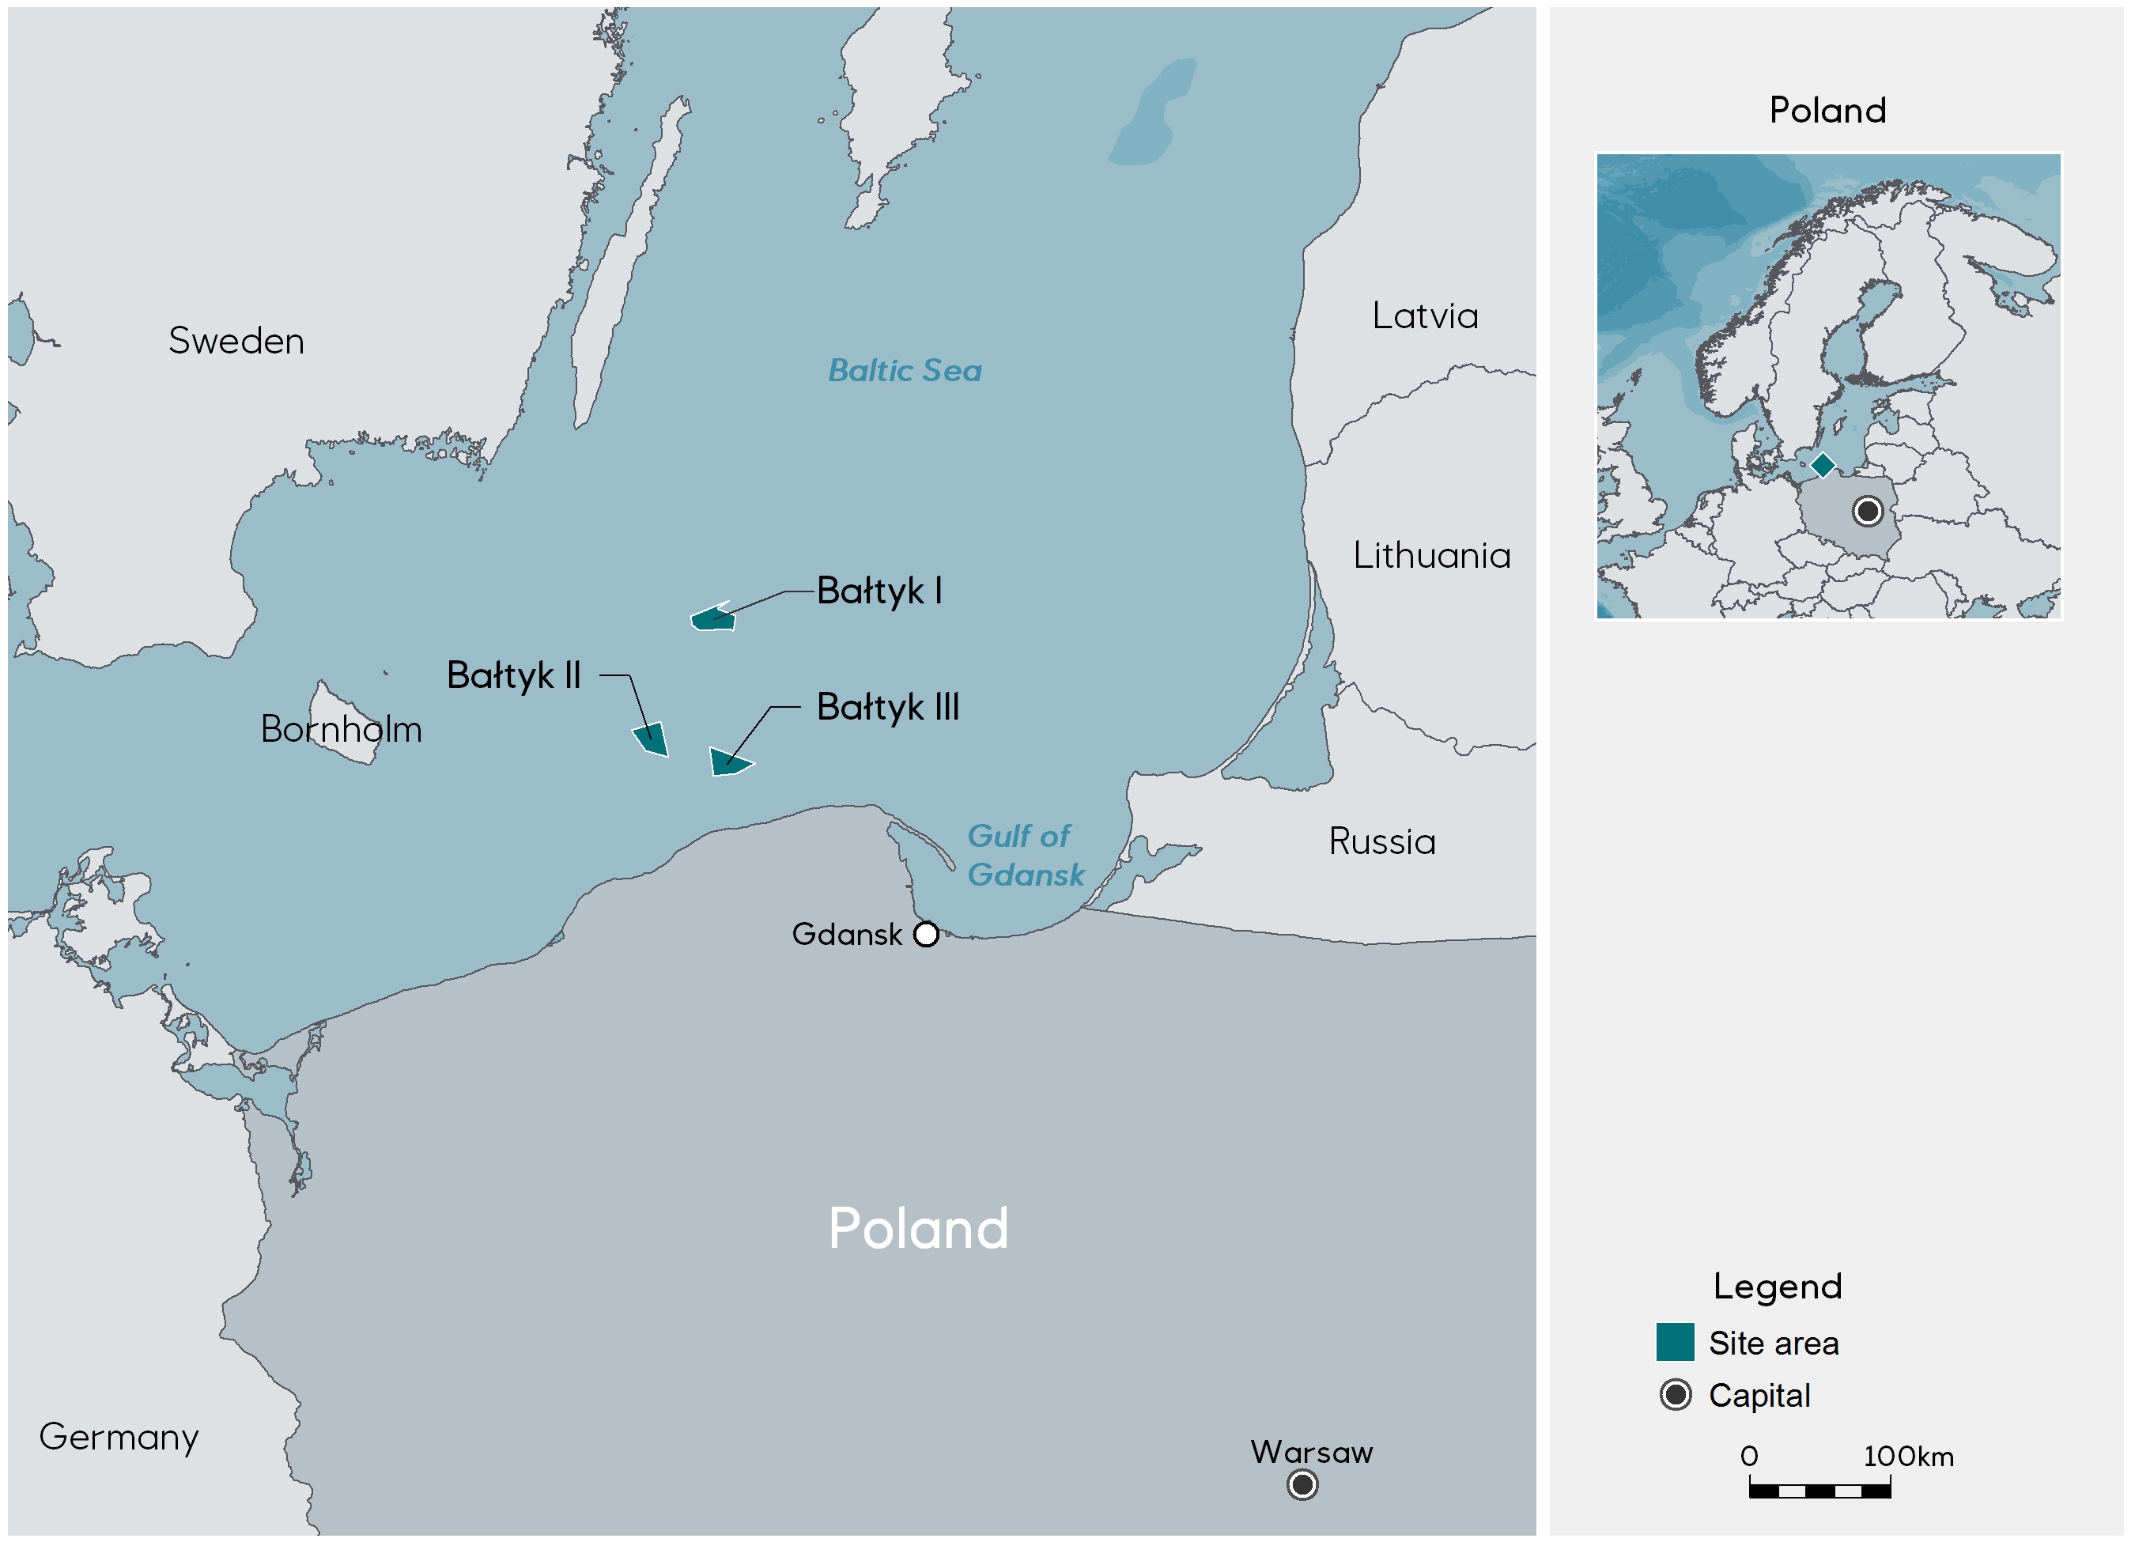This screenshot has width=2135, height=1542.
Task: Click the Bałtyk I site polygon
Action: coord(712,619)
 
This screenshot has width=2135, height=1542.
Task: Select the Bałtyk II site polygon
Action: coord(652,739)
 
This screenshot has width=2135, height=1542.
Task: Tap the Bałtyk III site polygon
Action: coord(727,762)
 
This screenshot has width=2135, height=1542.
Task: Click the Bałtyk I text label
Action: coord(879,591)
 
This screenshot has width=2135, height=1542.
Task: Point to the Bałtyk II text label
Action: coord(513,675)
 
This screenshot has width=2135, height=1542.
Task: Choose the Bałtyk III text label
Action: coord(888,707)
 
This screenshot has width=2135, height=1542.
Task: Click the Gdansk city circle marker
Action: coord(926,934)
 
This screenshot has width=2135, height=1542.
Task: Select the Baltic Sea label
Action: coord(905,370)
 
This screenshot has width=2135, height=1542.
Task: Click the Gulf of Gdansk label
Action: coord(1024,855)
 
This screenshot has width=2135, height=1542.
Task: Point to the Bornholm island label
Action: coord(341,730)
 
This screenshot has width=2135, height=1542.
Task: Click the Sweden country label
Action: coord(236,341)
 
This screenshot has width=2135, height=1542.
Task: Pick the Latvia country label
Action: coord(1424,316)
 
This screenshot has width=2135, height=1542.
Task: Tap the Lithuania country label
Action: coord(1431,555)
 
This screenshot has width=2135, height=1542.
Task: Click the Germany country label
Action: coord(119,1437)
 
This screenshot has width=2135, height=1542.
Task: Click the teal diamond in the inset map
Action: coord(1823,464)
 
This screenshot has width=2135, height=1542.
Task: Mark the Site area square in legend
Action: coord(1675,1343)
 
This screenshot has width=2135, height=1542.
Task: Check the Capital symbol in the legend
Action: coord(1675,1394)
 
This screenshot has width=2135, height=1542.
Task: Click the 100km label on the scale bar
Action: coord(1907,1457)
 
